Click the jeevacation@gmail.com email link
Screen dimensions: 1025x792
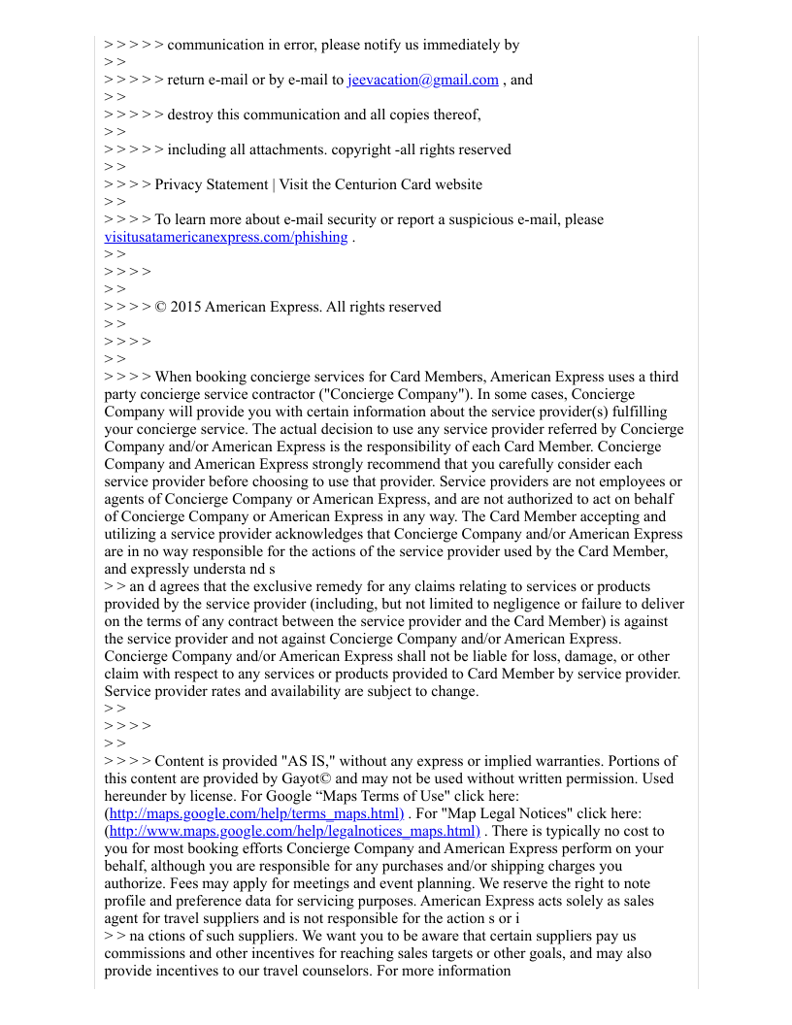click(x=422, y=80)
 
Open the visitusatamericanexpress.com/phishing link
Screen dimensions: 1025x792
click(x=225, y=237)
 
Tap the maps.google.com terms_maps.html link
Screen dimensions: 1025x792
click(x=255, y=813)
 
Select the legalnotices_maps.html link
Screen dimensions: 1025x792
click(x=294, y=831)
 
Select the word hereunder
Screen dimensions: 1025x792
click(x=138, y=796)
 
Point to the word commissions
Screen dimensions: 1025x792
click(x=148, y=953)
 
